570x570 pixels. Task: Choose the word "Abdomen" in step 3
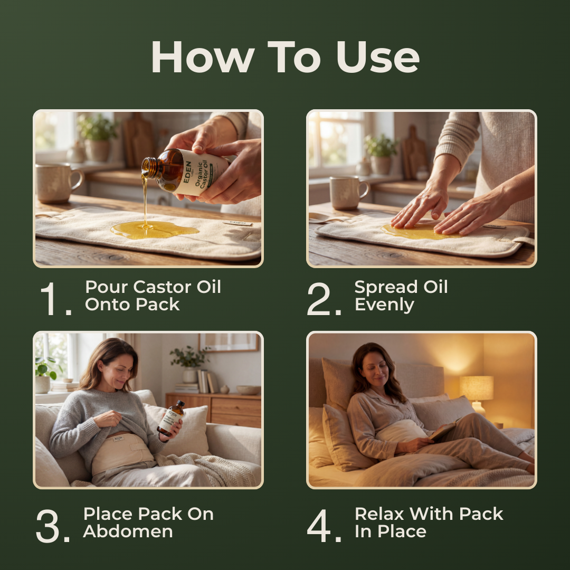(x=128, y=531)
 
